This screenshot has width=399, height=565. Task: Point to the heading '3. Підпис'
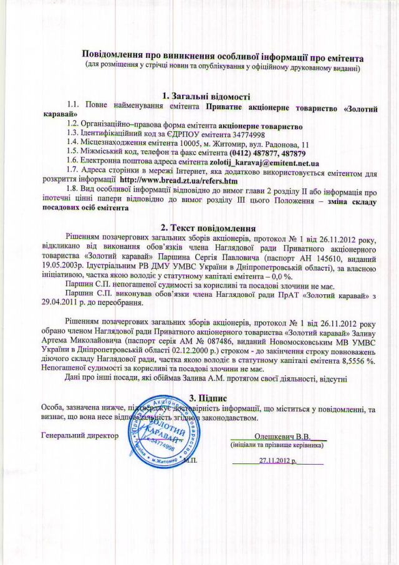tap(206, 397)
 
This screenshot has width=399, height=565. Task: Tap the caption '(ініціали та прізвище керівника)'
tap(277, 446)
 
